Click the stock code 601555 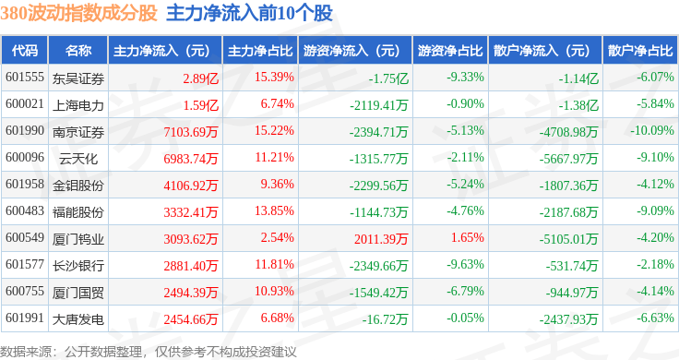tap(24, 78)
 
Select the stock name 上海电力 tap(77, 104)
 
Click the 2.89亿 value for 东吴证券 tap(200, 78)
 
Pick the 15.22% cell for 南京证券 tap(277, 131)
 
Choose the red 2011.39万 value tap(381, 238)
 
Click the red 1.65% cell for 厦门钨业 tap(467, 238)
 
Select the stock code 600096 tap(24, 158)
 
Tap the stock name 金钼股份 tap(77, 185)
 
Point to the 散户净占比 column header tap(640, 50)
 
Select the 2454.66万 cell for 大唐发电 tap(190, 319)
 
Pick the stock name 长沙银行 tap(77, 266)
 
